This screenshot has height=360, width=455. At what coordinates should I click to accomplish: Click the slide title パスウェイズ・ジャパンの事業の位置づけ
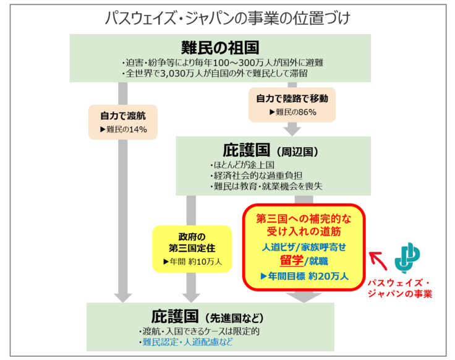[x=228, y=17]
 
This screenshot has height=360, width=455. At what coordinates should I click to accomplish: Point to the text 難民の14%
[x=124, y=129]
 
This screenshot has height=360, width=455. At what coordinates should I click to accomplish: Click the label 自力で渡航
[x=124, y=115]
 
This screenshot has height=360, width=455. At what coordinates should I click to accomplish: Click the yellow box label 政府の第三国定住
[x=191, y=242]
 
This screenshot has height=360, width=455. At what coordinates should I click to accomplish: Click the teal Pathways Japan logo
[x=407, y=255]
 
